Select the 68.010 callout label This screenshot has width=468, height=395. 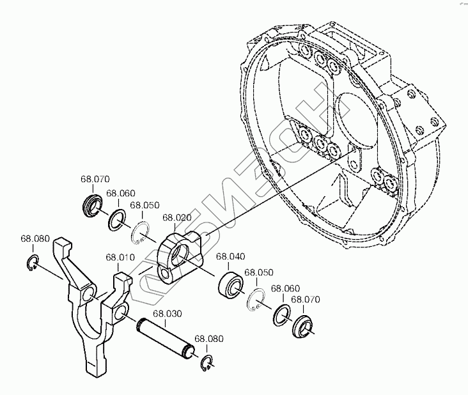120,258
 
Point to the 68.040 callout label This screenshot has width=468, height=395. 230,257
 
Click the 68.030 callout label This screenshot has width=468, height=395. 167,314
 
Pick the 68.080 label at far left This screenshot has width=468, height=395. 35,239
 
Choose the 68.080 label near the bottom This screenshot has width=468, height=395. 208,339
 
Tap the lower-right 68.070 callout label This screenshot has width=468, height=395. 306,299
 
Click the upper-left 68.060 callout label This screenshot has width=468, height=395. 121,193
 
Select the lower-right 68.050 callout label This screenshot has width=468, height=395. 259,272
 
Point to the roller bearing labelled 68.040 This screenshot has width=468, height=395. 231,283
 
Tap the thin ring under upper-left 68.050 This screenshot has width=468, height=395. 143,231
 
